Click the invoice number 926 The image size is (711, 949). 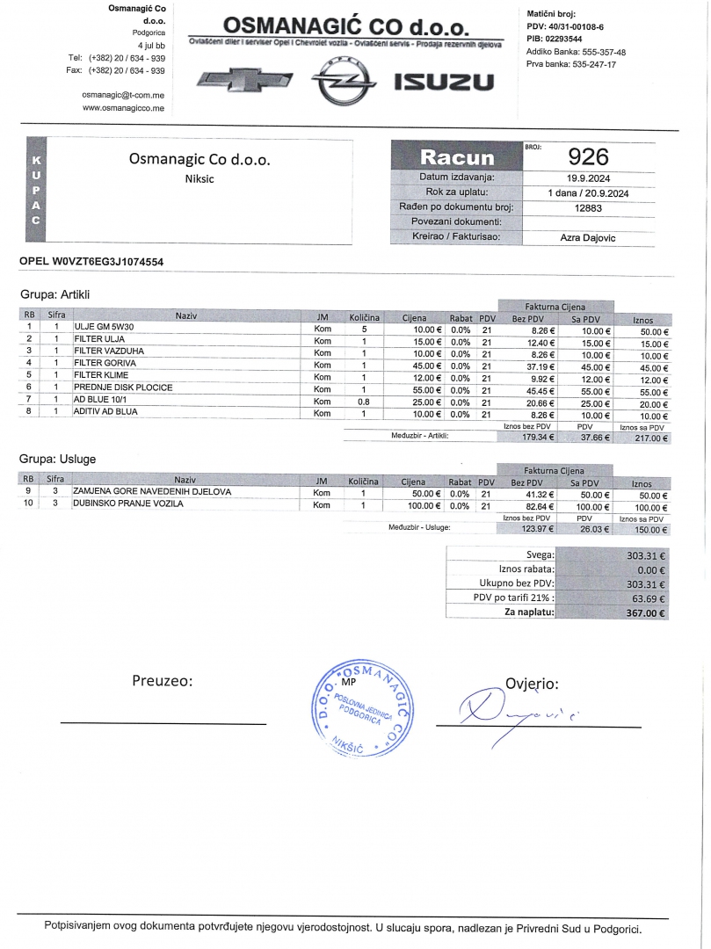pyautogui.click(x=588, y=156)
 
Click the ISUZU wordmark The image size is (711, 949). pyautogui.click(x=444, y=83)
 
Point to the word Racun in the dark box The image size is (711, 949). pyautogui.click(x=457, y=158)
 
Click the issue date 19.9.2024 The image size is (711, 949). pyautogui.click(x=588, y=177)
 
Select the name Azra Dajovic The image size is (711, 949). pyautogui.click(x=588, y=237)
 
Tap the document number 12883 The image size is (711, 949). pyautogui.click(x=588, y=207)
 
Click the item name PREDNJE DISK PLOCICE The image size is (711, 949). pyautogui.click(x=123, y=387)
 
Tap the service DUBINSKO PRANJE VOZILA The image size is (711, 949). pyautogui.click(x=127, y=504)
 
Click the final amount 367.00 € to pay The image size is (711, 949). pyautogui.click(x=647, y=613)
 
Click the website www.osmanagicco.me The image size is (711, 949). pyautogui.click(x=123, y=108)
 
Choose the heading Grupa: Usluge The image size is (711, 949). pyautogui.click(x=58, y=459)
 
